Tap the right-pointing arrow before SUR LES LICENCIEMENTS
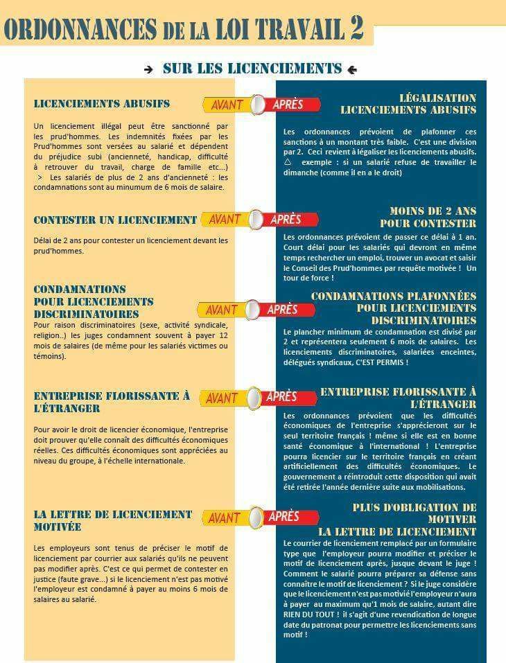coord(148,69)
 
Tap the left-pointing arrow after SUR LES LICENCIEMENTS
coord(351,69)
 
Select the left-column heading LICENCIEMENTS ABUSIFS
coord(101,104)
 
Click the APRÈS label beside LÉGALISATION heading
coord(288,105)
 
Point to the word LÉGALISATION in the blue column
coord(437,98)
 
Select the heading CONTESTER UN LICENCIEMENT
coord(115,220)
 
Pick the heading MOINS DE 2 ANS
coord(433,211)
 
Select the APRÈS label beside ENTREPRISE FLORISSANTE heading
coord(281,396)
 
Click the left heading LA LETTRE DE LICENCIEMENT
coord(112,514)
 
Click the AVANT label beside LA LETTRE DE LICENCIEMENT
coord(224,518)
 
